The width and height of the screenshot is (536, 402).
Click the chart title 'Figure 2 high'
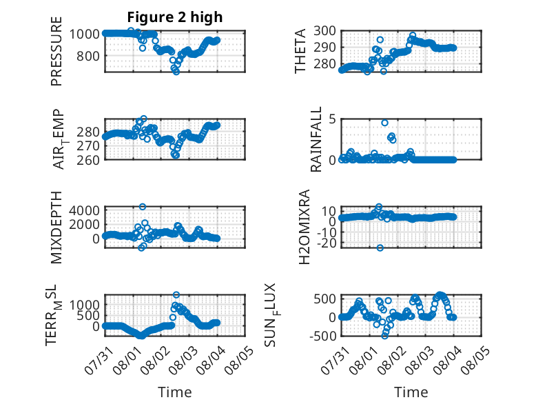pyautogui.click(x=175, y=17)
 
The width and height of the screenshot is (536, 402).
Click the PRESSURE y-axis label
pyautogui.click(x=56, y=51)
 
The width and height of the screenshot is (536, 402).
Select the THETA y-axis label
pyautogui.click(x=300, y=51)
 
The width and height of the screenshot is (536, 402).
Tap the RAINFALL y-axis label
pyautogui.click(x=316, y=139)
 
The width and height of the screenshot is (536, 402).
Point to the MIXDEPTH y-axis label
pyautogui.click(x=56, y=228)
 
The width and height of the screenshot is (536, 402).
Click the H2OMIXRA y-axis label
pyautogui.click(x=305, y=227)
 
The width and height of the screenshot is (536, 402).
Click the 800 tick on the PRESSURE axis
pyautogui.click(x=88, y=56)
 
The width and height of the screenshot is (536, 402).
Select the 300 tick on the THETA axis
pyautogui.click(x=324, y=31)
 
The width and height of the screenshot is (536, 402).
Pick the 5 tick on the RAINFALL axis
pyautogui.click(x=332, y=119)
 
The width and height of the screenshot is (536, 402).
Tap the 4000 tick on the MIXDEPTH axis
pyautogui.click(x=84, y=210)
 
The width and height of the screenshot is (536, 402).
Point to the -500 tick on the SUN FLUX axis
pyautogui.click(x=322, y=336)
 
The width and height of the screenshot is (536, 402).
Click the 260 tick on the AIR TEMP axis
pyautogui.click(x=88, y=160)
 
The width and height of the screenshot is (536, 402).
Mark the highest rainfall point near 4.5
pyautogui.click(x=384, y=123)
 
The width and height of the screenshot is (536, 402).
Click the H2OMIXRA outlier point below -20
pyautogui.click(x=380, y=248)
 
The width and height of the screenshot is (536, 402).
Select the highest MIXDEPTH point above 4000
pyautogui.click(x=143, y=207)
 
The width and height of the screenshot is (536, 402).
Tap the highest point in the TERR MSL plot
pyautogui.click(x=176, y=294)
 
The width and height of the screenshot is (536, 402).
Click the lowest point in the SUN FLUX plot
pyautogui.click(x=385, y=336)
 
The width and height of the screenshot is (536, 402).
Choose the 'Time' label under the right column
pyautogui.click(x=411, y=392)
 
